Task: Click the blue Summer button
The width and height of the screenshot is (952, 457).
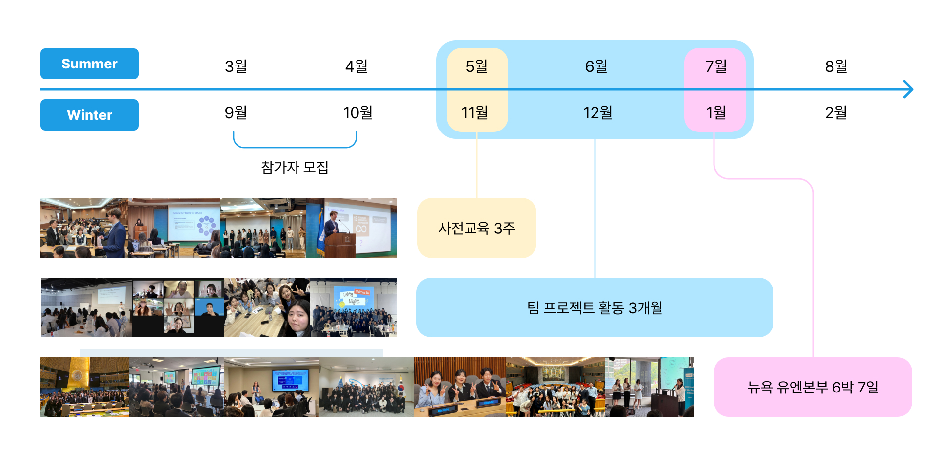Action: click(x=89, y=64)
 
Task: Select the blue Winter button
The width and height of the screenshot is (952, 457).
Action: click(x=89, y=115)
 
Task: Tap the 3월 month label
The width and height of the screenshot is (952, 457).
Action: click(x=236, y=66)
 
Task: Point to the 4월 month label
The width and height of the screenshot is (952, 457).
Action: click(x=357, y=66)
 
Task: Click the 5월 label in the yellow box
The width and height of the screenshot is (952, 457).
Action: click(x=476, y=66)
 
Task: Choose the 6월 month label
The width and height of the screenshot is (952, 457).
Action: click(x=596, y=66)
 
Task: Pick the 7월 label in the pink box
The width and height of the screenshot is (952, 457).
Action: click(x=716, y=66)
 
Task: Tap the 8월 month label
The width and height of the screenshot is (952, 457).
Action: click(x=836, y=66)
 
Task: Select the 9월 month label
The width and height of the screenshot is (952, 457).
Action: click(x=236, y=113)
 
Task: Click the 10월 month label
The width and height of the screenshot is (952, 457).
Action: click(x=358, y=113)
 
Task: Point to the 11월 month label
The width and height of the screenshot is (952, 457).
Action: click(x=475, y=113)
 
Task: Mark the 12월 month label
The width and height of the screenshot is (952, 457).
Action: click(x=598, y=113)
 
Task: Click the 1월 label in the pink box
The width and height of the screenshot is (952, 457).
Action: click(x=716, y=113)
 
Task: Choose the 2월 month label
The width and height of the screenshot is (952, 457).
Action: click(x=836, y=113)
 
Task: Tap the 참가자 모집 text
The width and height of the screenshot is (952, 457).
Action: click(x=295, y=167)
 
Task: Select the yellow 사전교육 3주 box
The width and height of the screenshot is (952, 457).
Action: click(x=477, y=228)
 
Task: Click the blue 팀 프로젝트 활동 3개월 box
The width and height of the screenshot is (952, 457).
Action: click(x=595, y=308)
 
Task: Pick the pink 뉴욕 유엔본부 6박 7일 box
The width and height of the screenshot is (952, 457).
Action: click(x=813, y=387)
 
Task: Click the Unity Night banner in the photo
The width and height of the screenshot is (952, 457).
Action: click(x=354, y=297)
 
